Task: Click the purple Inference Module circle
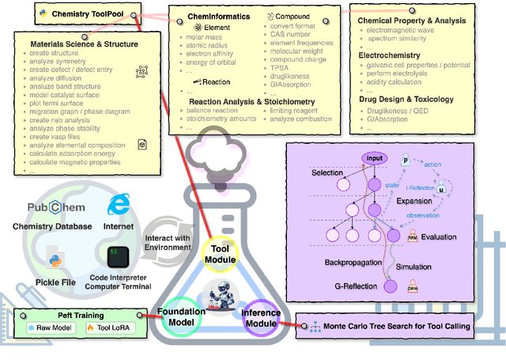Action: [x=261, y=316]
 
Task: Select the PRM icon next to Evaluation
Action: [x=413, y=236]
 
